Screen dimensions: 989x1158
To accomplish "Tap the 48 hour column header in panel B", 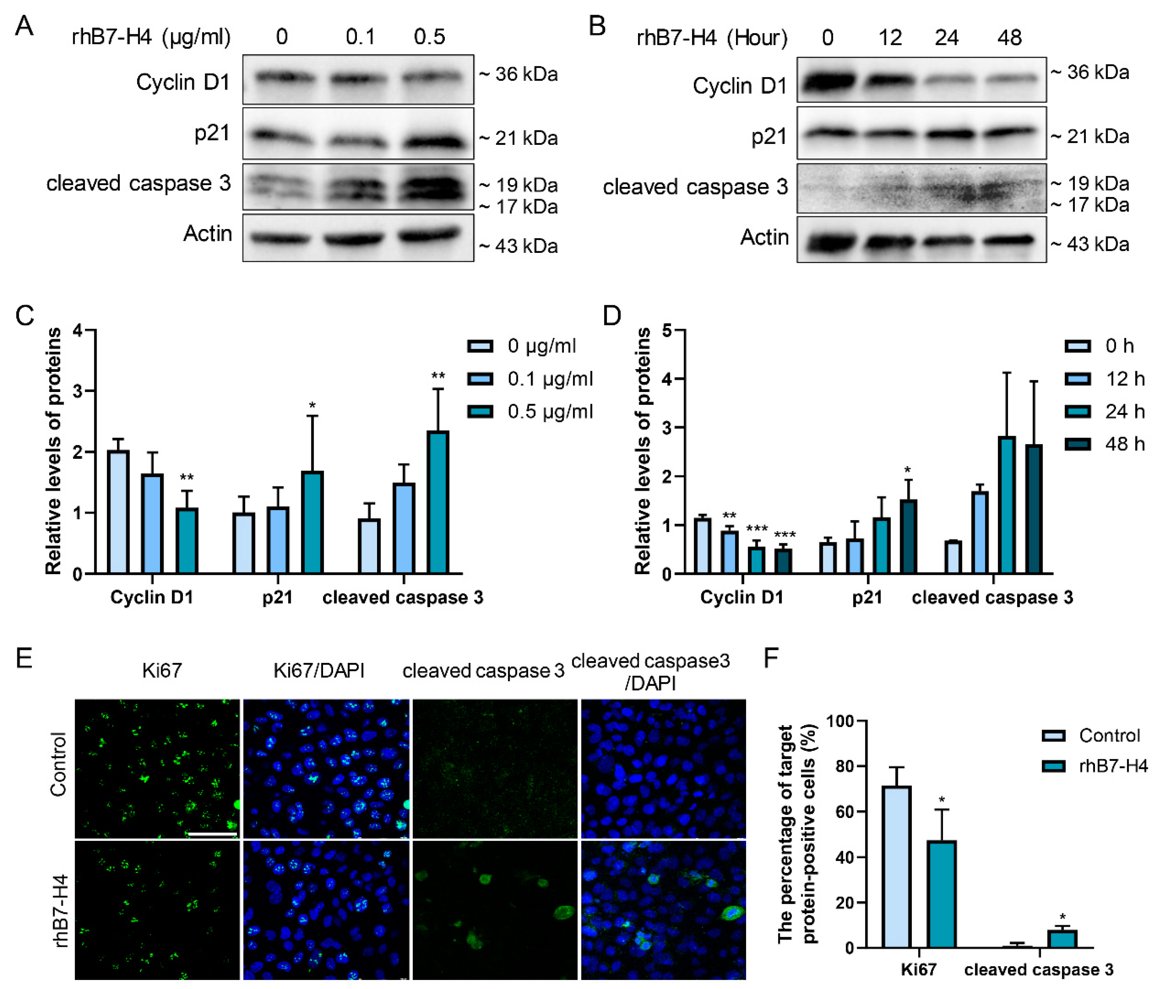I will (x=1009, y=38).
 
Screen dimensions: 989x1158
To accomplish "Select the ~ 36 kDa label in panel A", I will (x=519, y=74).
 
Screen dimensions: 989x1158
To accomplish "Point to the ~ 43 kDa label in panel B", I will (x=1090, y=244).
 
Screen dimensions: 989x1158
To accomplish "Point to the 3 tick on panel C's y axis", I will (x=78, y=391).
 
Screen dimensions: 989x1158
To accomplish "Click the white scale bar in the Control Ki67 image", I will (x=212, y=834).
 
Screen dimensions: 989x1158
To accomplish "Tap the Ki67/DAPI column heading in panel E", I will (x=319, y=670).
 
